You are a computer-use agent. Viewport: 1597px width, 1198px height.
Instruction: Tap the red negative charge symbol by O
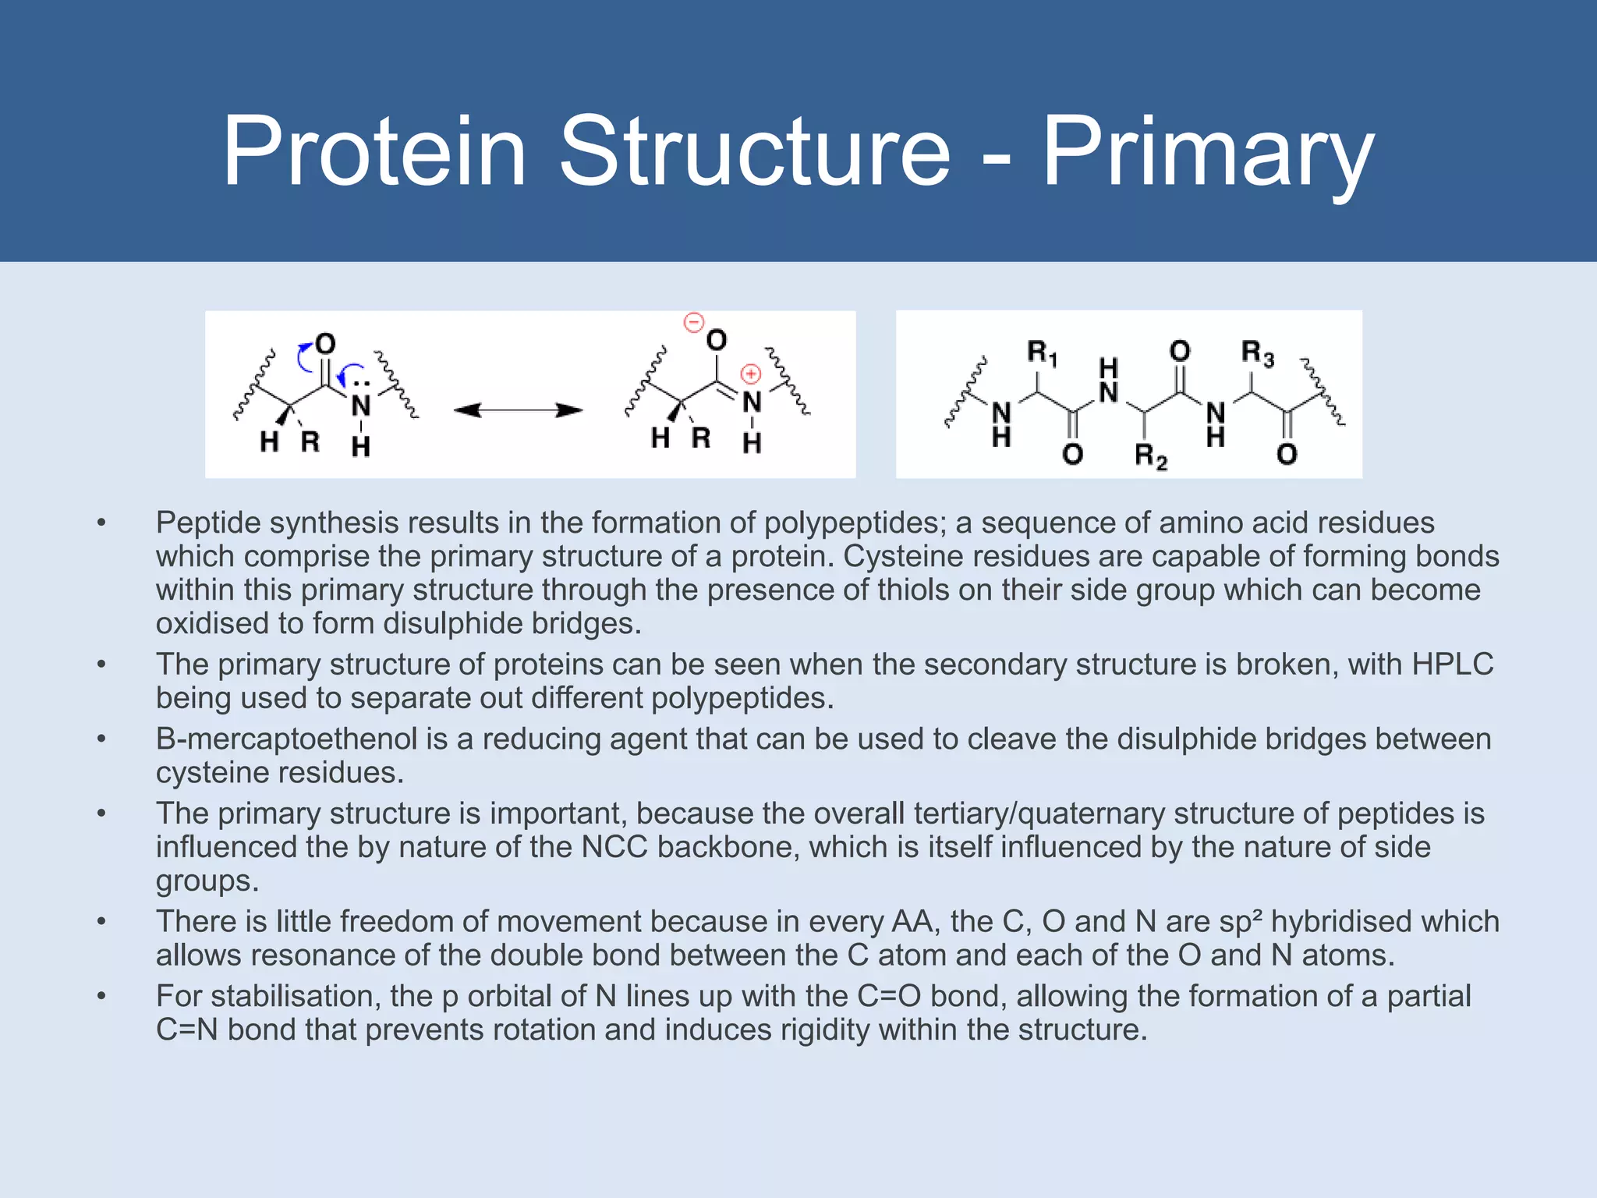(693, 322)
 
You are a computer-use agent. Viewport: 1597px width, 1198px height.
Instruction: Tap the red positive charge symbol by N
(750, 374)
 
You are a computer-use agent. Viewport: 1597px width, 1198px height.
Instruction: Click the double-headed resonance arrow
(518, 410)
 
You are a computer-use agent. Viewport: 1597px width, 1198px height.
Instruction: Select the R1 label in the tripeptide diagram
(1041, 353)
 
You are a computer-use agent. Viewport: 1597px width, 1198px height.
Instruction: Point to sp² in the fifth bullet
(1241, 921)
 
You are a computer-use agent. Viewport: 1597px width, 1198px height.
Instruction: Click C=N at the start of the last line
(186, 1030)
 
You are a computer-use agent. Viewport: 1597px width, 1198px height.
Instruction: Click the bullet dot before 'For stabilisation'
(101, 996)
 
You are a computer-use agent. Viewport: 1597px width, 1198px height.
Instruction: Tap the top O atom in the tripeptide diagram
(1180, 351)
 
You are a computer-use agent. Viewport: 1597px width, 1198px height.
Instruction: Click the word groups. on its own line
(207, 881)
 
